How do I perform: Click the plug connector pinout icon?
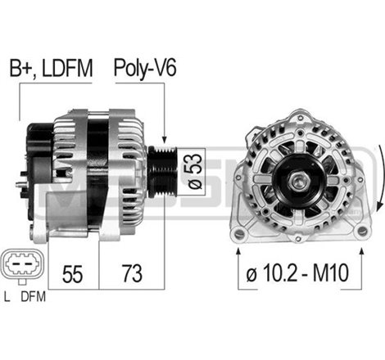22,267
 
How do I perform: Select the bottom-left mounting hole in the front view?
239,235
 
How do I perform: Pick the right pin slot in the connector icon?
29,267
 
